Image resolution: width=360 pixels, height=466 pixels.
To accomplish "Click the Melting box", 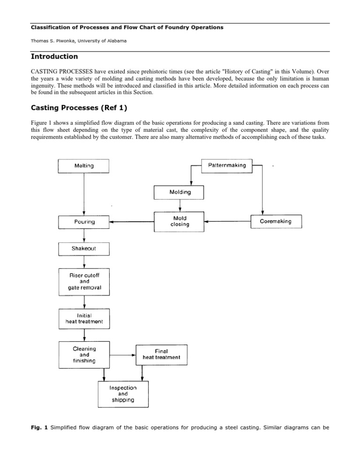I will point(83,165).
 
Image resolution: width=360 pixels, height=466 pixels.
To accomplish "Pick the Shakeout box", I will point(83,248).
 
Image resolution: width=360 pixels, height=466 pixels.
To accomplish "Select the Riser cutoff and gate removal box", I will point(83,282).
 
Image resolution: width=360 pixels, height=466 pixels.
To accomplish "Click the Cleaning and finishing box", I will point(83,355).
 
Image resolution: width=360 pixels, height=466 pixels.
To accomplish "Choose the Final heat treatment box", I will point(161,355).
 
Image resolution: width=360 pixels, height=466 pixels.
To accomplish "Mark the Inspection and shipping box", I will point(123,394).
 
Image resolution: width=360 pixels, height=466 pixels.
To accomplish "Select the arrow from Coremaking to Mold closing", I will point(227,221).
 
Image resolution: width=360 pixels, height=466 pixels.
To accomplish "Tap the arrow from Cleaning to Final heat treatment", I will point(122,355).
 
